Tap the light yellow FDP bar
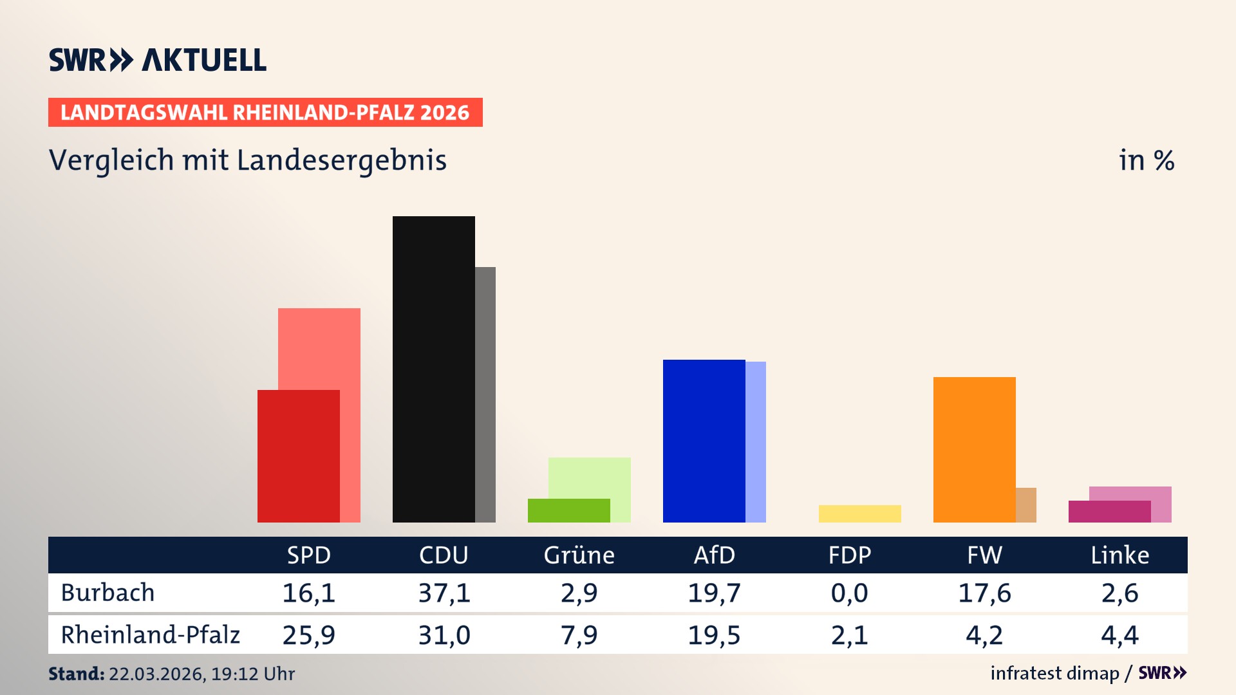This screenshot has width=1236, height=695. pos(859,514)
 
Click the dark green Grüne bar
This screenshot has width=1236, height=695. pos(568,510)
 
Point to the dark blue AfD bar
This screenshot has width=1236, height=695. pos(704,441)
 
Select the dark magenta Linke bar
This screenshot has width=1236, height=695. pos(1109,512)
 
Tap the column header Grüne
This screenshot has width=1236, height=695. pos(579,555)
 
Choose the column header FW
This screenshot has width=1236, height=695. pos(984,555)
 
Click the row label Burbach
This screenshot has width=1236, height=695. pos(108,593)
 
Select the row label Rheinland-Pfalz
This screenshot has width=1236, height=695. pos(150,635)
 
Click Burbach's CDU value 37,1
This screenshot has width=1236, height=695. pos(444,593)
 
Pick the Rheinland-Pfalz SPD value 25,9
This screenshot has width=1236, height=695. pos(308,635)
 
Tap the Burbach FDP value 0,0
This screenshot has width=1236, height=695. pos(849,593)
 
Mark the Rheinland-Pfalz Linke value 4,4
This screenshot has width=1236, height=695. pos(1119,635)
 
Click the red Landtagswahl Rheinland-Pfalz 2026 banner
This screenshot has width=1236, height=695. pos(265,112)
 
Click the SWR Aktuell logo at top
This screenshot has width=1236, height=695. pos(158,60)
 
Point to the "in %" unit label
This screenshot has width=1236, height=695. pos(1146,160)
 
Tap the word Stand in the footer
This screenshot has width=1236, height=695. pos(76,674)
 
